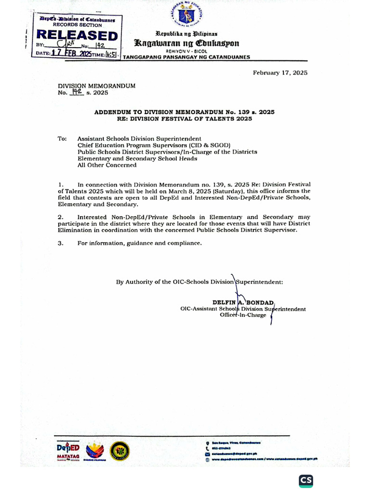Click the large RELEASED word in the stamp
pyautogui.click(x=78, y=36)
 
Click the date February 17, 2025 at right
pyautogui.click(x=280, y=73)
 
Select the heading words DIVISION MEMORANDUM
pyautogui.click(x=97, y=86)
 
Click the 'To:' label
pyautogui.click(x=62, y=138)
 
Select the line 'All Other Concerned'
pyautogui.click(x=107, y=165)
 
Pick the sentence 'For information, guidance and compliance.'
pyautogui.click(x=139, y=244)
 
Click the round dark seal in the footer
pyautogui.click(x=119, y=451)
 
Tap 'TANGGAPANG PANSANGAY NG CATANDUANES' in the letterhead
pyautogui.click(x=187, y=57)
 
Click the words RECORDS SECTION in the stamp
pyautogui.click(x=77, y=25)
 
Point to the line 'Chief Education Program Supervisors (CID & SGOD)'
pyautogui.click(x=154, y=145)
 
